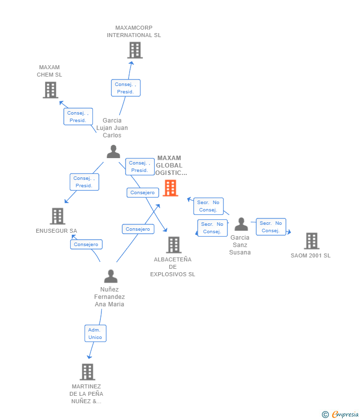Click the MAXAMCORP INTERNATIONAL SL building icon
(135, 50)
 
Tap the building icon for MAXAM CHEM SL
(50, 90)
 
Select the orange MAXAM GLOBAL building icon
(170, 188)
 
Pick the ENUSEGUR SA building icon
(57, 216)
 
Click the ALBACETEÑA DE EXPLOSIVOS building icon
(174, 245)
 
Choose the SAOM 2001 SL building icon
(312, 241)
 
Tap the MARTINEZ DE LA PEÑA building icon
(87, 372)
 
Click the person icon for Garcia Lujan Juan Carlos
(113, 152)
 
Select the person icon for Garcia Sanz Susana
(241, 224)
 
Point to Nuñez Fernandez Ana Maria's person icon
(111, 276)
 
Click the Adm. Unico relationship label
(95, 334)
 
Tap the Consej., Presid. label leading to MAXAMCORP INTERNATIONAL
(126, 88)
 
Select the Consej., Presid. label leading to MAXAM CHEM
(78, 117)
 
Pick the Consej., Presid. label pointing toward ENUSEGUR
(84, 182)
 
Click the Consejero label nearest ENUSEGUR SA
(86, 244)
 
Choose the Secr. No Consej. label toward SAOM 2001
(271, 227)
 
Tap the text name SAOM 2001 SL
(311, 255)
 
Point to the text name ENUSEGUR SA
(56, 231)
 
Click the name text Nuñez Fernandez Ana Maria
(109, 297)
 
